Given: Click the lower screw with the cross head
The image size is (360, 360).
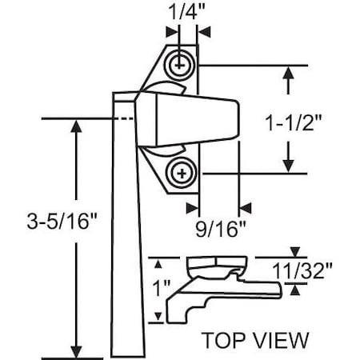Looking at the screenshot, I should tap(183, 172).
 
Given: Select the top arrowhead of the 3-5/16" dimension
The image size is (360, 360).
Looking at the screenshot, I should tap(77, 127).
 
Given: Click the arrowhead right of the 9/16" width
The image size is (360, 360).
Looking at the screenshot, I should tap(246, 208).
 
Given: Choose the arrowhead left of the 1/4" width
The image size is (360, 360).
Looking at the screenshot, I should tap(170, 32).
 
